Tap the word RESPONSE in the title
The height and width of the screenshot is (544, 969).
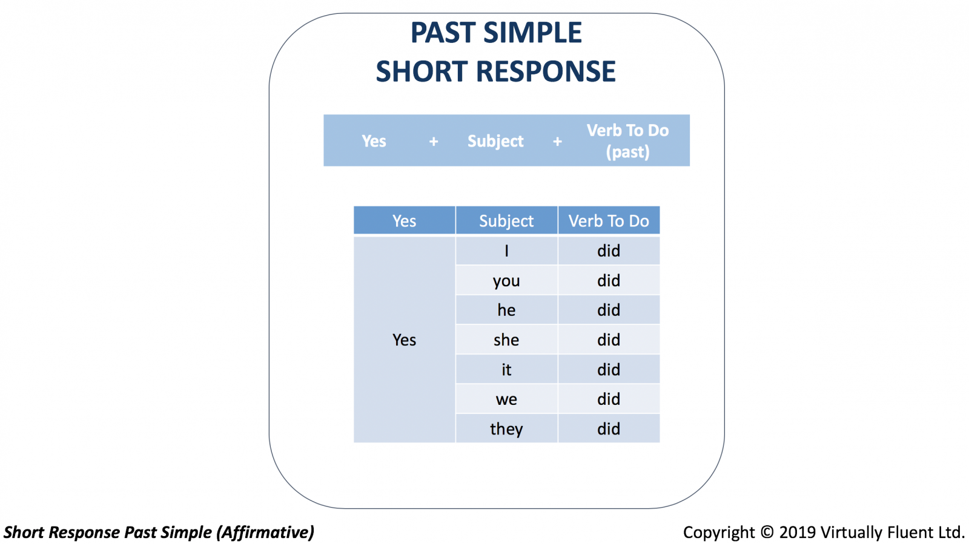point(546,72)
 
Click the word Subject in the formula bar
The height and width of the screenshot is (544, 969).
point(495,141)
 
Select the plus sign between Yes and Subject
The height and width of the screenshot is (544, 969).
point(434,141)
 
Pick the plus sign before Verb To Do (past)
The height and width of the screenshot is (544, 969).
point(557,141)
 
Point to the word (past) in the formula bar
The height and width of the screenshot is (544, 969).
point(627,152)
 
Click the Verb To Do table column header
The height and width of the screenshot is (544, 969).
point(609,220)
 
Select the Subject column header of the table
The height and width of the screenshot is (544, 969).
point(506,220)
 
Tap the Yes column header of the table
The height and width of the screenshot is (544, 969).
point(405,220)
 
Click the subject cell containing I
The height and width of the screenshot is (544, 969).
point(506,251)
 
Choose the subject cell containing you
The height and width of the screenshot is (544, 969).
point(506,280)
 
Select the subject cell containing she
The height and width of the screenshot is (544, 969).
point(506,339)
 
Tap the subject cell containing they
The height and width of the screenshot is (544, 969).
point(506,428)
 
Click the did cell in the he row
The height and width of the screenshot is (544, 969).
point(609,310)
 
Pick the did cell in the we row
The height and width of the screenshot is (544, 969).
point(609,399)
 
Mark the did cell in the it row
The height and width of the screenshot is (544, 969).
point(609,370)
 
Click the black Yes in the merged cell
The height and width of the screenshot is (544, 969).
point(404,340)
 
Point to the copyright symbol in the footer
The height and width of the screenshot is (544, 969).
point(767,533)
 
